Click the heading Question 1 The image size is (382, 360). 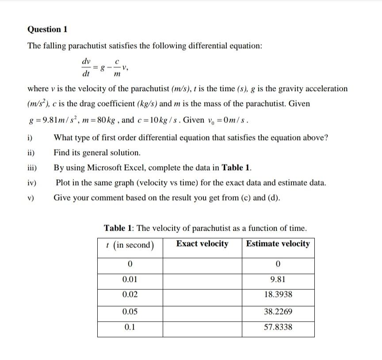pos(47,30)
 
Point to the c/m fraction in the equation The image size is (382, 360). pos(116,68)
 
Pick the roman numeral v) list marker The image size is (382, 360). pos(32,198)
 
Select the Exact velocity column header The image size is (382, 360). pos(202,244)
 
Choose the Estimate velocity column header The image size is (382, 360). pos(278,244)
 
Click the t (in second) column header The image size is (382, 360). pos(130,245)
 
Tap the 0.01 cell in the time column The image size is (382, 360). pos(130,279)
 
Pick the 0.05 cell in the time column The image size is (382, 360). pos(130,311)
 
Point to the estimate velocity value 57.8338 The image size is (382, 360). pos(278,327)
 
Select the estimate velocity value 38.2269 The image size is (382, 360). pos(278,311)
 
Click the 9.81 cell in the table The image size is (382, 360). pos(278,279)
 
